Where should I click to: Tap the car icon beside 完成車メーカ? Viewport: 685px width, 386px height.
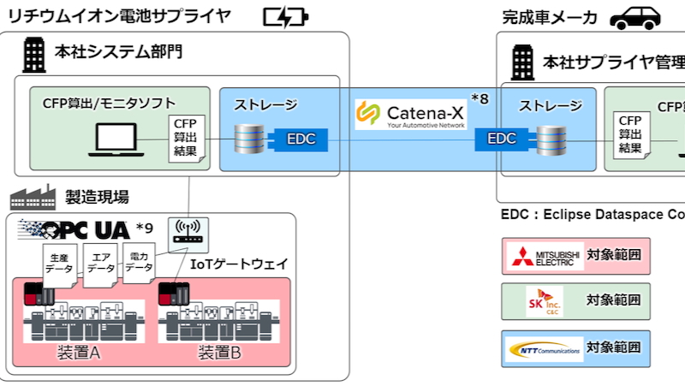[x=640, y=16]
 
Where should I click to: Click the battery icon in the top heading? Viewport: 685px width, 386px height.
[x=286, y=16]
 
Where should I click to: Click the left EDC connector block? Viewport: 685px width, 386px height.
[x=295, y=137]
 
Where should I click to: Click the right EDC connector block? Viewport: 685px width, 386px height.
[x=501, y=137]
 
